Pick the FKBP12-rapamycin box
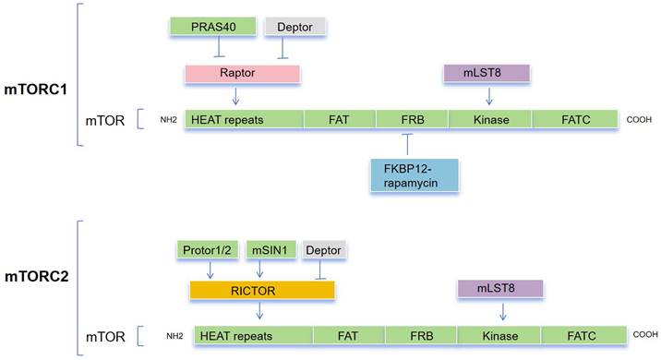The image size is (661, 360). tap(414, 174)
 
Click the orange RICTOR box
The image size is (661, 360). tap(261, 289)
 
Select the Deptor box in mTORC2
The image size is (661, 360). tap(323, 250)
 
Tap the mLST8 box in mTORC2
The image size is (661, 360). tap(499, 289)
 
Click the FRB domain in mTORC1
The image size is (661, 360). tap(412, 119)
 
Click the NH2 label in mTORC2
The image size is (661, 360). tap(177, 334)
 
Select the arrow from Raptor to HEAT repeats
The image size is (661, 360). tap(237, 95)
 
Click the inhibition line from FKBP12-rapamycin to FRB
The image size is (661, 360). tap(406, 145)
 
